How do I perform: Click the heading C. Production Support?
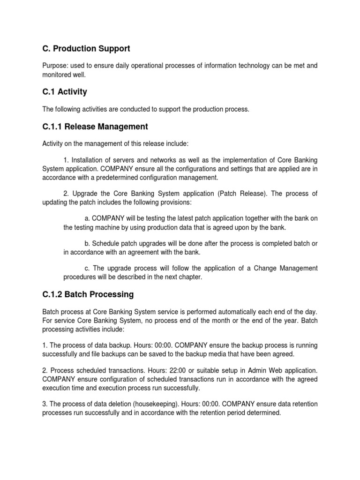[x=86, y=49]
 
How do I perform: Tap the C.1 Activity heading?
[x=65, y=92]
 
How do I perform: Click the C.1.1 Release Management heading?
[x=95, y=127]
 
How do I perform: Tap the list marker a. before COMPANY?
[x=88, y=219]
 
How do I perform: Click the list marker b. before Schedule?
[x=88, y=244]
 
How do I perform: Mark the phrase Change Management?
[x=285, y=268]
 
